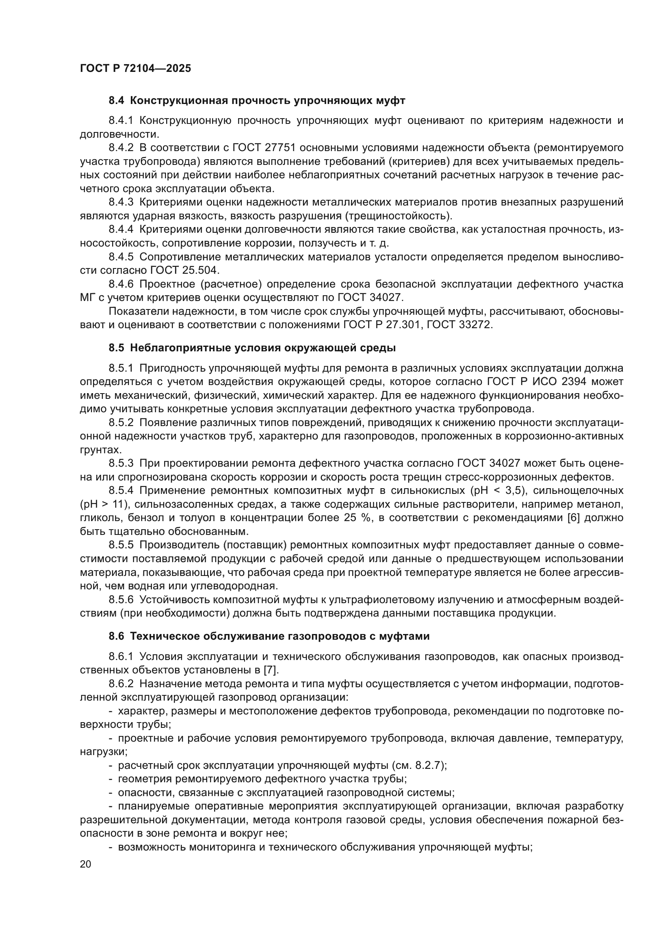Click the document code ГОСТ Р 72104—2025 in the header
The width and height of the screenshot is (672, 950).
(135, 69)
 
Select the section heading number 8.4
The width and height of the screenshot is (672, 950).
(117, 101)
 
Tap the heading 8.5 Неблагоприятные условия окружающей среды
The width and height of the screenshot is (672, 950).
(252, 348)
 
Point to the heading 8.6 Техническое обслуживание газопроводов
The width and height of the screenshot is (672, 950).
(269, 636)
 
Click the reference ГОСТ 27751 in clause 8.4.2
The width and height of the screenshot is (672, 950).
(265, 148)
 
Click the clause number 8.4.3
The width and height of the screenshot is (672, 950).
(121, 202)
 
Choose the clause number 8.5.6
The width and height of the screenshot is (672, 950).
(121, 599)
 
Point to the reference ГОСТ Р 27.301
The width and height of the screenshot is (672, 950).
(381, 325)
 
